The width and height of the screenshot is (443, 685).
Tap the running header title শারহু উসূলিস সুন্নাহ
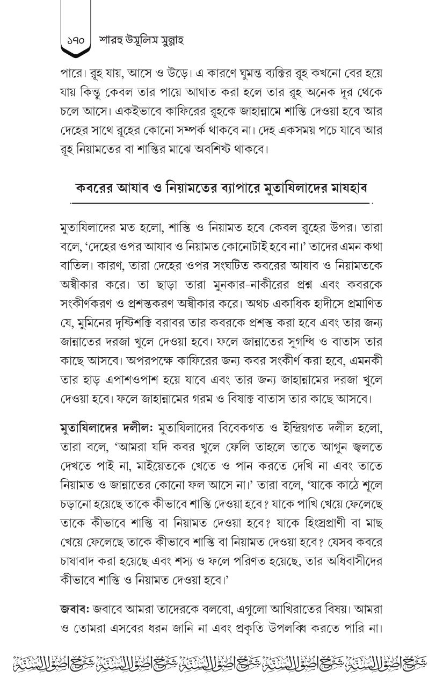click(x=141, y=40)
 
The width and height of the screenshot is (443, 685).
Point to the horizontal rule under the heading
click(x=221, y=204)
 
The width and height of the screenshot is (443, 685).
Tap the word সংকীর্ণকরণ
click(x=89, y=305)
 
